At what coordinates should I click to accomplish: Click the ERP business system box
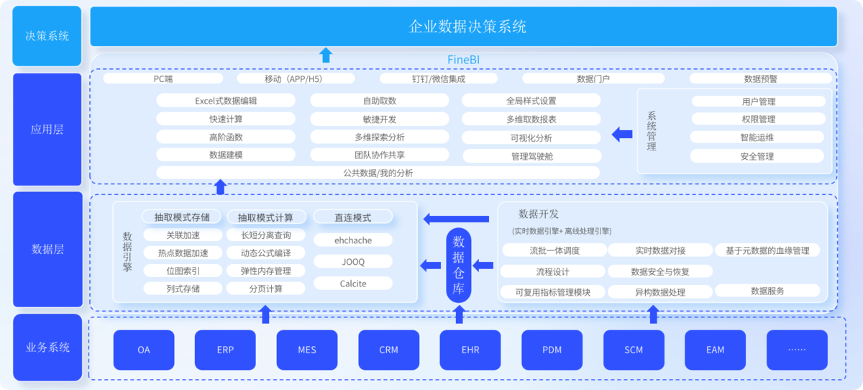click(225, 350)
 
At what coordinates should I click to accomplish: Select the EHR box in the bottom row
click(470, 350)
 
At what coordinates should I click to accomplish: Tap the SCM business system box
click(634, 350)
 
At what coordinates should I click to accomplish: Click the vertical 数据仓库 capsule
click(459, 265)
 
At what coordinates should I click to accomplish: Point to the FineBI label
click(463, 60)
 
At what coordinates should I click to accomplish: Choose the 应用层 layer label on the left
click(47, 129)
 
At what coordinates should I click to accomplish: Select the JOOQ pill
click(353, 262)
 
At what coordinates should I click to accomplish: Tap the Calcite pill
click(353, 284)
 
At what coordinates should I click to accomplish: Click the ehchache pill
click(353, 240)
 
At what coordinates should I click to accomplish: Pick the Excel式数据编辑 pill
click(226, 101)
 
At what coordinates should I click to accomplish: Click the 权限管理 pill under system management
click(758, 119)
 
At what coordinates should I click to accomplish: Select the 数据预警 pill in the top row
click(761, 78)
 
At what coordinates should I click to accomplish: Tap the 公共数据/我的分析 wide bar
click(378, 173)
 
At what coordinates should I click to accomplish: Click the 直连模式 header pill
click(353, 217)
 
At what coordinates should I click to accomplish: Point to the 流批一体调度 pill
click(554, 250)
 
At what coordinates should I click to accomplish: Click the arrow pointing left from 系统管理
click(622, 134)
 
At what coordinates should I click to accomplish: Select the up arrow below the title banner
click(326, 55)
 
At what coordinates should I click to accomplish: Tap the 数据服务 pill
click(767, 291)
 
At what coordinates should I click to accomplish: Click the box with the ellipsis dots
click(797, 350)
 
